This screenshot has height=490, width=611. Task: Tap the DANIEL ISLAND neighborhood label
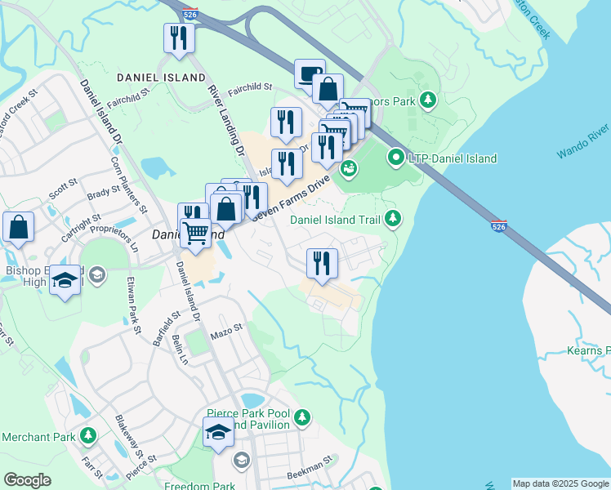tap(161, 78)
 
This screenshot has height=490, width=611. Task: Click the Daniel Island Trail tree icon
tap(394, 218)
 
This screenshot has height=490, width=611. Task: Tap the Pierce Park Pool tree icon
tap(302, 417)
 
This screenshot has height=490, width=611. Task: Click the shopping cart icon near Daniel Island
tap(195, 232)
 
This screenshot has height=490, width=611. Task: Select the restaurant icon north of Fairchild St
tap(179, 38)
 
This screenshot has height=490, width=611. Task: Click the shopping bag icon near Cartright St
tap(18, 226)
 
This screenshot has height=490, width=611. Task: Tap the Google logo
tap(27, 480)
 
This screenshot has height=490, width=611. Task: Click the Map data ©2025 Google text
tap(560, 483)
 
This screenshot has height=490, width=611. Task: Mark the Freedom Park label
tap(199, 486)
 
